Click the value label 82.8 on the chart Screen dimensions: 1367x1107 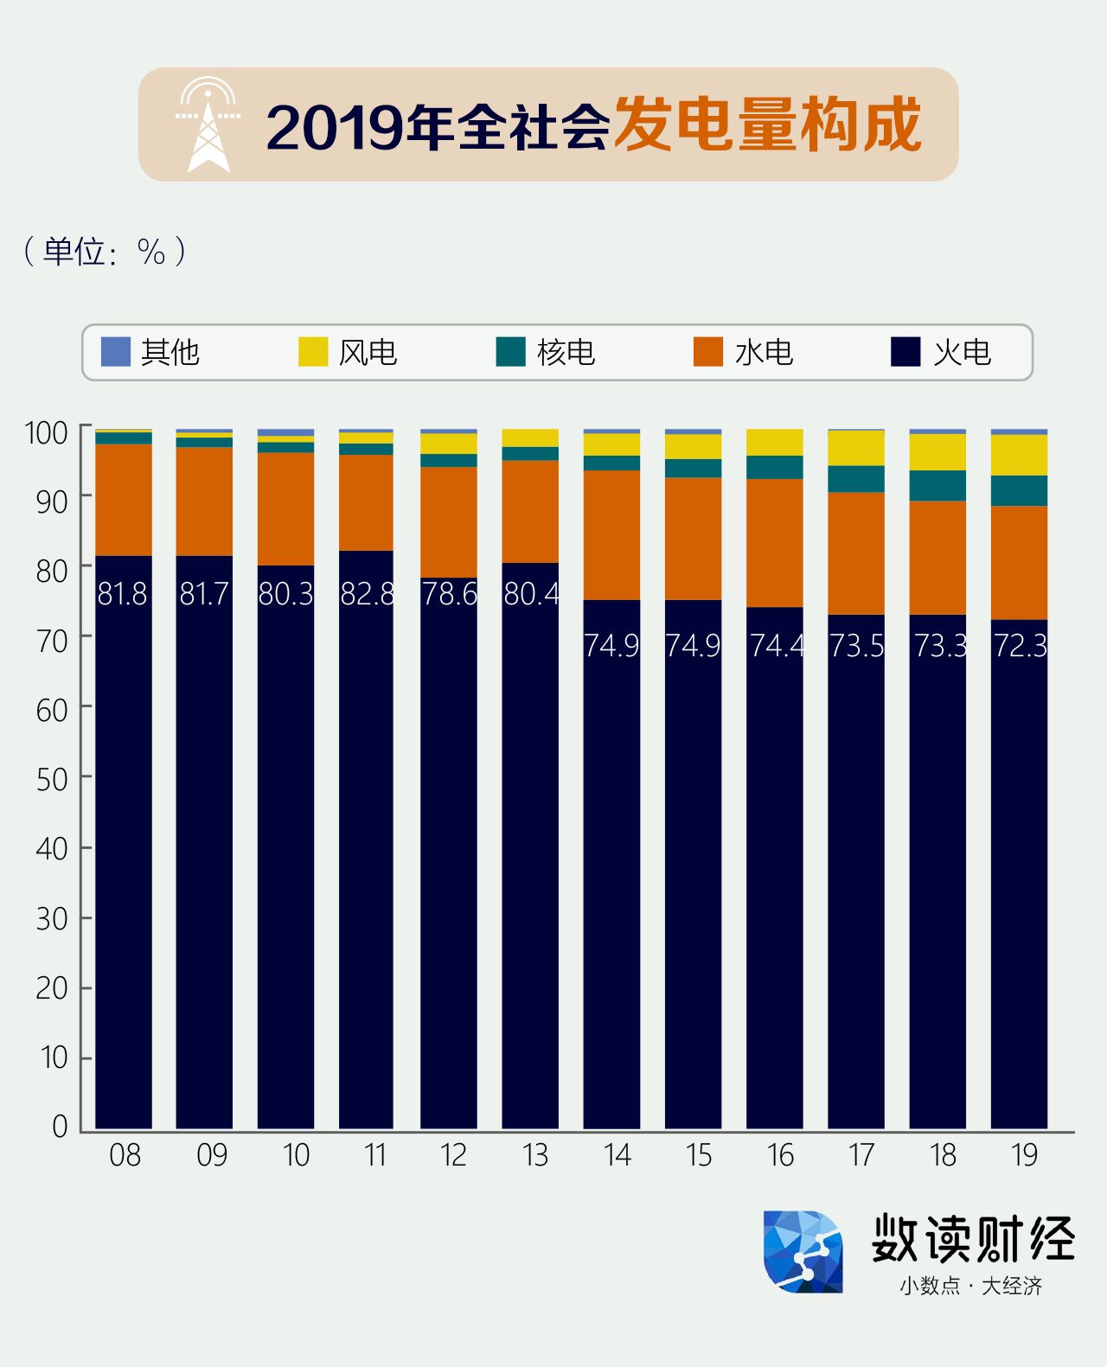368,594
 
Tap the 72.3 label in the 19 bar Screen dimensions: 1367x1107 1021,646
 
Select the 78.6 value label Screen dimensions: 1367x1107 449,594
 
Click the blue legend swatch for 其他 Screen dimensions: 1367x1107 116,352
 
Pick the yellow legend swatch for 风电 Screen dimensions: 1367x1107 313,352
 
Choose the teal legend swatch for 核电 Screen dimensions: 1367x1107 511,352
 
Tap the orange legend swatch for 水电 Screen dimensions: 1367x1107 708,352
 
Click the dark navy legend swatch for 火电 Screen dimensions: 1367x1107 905,352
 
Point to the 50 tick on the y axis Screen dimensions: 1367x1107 52,779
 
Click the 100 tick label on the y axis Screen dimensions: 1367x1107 46,432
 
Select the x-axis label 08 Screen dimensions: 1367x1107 125,1155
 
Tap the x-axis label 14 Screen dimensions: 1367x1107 617,1155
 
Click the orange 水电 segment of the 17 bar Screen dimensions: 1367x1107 856,553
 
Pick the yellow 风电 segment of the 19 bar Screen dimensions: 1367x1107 1019,455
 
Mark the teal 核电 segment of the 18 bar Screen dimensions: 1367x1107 937,485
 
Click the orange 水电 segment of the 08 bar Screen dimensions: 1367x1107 124,500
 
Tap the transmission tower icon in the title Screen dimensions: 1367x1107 208,125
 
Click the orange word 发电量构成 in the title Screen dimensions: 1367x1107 767,125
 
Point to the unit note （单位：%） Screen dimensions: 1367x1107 105,252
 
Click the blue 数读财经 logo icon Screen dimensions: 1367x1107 803,1252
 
